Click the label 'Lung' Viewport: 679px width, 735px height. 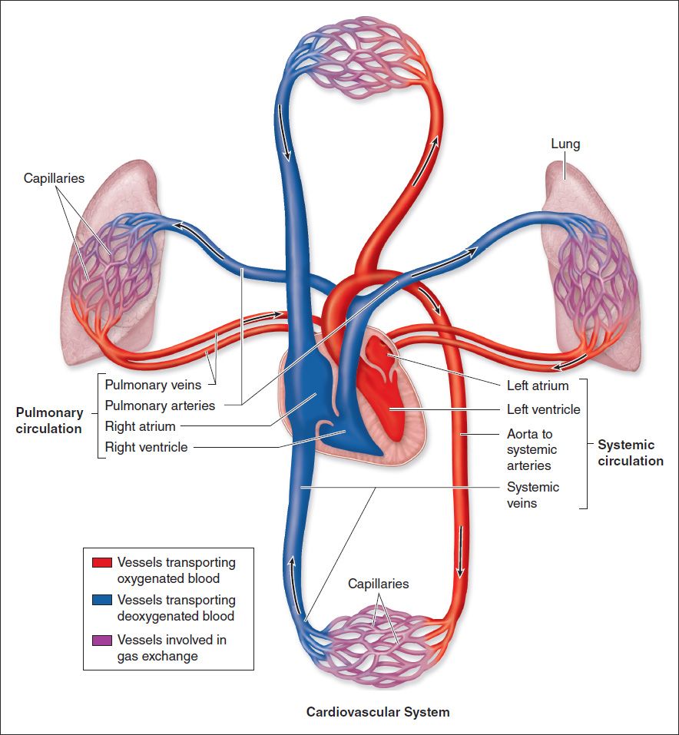click(x=565, y=144)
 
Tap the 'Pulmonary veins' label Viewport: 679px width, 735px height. click(x=153, y=385)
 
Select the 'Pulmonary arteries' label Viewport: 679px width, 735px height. click(x=160, y=406)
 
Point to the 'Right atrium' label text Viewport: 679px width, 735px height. click(x=141, y=426)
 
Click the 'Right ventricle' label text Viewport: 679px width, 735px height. click(x=146, y=447)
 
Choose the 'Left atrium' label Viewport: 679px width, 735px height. click(x=538, y=386)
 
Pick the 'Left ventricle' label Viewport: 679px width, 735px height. click(x=544, y=409)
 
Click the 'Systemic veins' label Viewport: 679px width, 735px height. click(x=533, y=495)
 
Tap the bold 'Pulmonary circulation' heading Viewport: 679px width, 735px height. click(x=49, y=421)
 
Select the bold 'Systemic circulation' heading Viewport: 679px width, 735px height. click(x=631, y=453)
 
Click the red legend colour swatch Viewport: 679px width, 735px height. click(x=101, y=563)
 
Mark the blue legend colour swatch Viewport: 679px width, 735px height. click(x=101, y=600)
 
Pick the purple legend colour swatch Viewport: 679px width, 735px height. click(x=101, y=640)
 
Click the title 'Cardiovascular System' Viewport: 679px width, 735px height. click(x=378, y=712)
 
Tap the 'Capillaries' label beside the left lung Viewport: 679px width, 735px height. click(x=54, y=178)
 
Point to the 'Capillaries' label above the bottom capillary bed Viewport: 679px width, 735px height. click(x=379, y=584)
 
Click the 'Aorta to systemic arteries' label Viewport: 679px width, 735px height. click(x=532, y=450)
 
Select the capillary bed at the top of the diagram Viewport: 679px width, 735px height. click(x=358, y=65)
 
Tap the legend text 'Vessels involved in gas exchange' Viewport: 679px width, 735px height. click(x=172, y=648)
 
